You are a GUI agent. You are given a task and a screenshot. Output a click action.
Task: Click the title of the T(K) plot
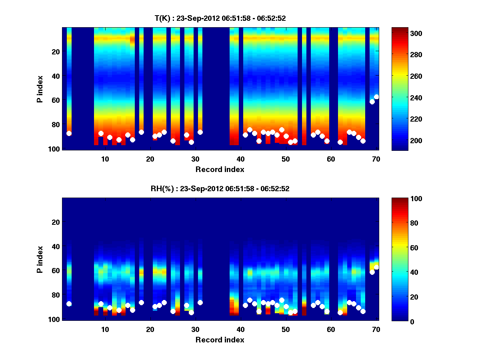pos(220,18)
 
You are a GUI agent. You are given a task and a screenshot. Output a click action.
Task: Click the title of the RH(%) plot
pos(220,189)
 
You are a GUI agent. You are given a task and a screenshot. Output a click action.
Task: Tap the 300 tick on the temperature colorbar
pos(401,33)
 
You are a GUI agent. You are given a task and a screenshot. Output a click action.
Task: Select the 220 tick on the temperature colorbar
pos(401,119)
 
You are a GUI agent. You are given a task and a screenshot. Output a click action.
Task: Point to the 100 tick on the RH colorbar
pos(401,199)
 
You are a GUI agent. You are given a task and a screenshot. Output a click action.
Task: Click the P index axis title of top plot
pos(40,88)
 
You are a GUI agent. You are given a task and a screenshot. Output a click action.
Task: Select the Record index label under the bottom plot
pos(220,340)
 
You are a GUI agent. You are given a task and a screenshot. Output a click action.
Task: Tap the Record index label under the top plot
pos(220,169)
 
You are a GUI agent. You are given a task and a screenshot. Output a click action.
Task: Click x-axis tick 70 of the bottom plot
pos(376,329)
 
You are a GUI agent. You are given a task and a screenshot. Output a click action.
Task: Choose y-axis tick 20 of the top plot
pos(55,52)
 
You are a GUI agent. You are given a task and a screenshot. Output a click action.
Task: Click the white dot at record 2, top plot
pos(69,133)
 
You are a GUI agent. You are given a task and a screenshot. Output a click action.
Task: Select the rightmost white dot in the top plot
pos(376,97)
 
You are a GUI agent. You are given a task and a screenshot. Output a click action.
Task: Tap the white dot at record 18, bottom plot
pos(141,302)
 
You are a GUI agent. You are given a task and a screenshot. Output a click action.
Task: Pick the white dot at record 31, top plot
pos(200,132)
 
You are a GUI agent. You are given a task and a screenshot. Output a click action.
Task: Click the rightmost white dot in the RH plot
pos(376,267)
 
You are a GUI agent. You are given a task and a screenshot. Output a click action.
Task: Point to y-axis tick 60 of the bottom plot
pos(55,270)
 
